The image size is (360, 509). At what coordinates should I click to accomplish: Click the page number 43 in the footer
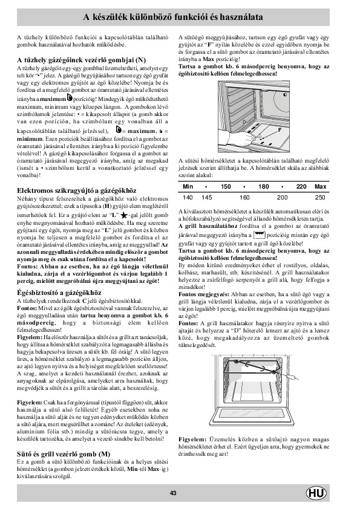click(173, 493)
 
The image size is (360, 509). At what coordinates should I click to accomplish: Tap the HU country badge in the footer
click(316, 493)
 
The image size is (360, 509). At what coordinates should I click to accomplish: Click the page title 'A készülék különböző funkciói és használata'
click(173, 17)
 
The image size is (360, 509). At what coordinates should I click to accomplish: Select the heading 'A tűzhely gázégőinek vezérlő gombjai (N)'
click(81, 60)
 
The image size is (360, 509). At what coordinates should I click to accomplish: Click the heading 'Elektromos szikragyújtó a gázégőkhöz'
click(77, 190)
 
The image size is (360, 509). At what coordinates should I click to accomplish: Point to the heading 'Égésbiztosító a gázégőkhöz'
click(59, 293)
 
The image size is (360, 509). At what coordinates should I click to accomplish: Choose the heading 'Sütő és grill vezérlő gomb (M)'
click(64, 454)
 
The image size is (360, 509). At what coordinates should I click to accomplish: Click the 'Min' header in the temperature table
click(188, 187)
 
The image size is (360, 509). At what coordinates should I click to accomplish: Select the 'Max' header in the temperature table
click(320, 187)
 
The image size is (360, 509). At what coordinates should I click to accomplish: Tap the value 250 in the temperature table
click(320, 197)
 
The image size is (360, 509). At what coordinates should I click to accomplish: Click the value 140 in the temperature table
click(188, 197)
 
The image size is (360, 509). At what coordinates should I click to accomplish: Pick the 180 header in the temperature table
click(264, 187)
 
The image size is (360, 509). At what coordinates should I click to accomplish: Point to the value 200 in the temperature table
click(283, 197)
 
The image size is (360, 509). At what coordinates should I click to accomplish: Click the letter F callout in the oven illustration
click(280, 130)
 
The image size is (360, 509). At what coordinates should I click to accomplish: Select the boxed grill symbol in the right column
click(259, 235)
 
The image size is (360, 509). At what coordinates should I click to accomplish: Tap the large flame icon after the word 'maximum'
click(70, 97)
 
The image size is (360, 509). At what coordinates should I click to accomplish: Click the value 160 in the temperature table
click(244, 197)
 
